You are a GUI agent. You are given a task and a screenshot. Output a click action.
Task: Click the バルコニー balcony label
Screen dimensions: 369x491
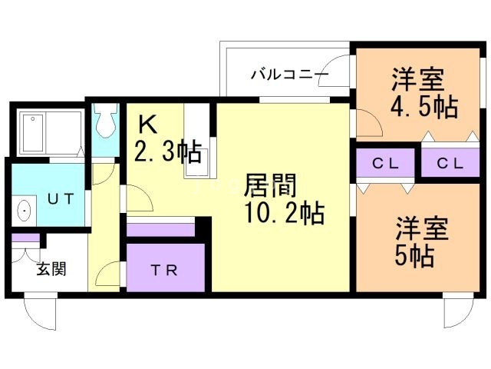click(x=289, y=75)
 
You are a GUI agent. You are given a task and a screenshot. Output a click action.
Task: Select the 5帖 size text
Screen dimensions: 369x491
click(x=415, y=254)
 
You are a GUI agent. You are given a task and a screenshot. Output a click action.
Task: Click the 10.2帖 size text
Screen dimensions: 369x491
click(x=284, y=211)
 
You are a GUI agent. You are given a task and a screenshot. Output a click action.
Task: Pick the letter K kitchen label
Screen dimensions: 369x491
click(x=148, y=123)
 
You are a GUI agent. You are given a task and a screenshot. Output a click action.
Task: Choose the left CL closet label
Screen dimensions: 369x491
click(x=385, y=163)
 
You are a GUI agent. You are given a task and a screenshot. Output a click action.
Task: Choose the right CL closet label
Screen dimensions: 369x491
click(x=450, y=163)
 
